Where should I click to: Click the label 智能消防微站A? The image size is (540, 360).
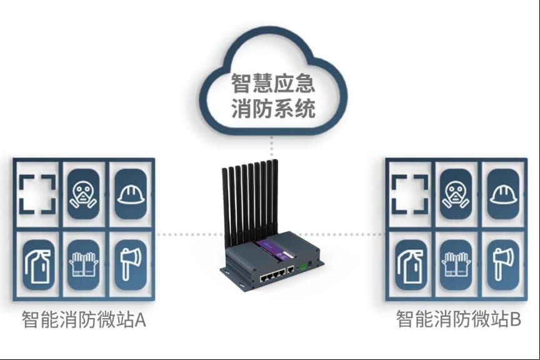84,321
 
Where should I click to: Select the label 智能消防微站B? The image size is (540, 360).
459,321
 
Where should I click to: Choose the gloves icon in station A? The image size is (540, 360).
83,264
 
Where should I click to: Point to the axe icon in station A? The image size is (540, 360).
131,264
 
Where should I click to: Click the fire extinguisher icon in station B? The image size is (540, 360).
409,264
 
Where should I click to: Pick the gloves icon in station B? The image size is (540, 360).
456,264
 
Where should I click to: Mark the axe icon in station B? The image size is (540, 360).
503,264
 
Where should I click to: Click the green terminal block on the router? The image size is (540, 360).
304,266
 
